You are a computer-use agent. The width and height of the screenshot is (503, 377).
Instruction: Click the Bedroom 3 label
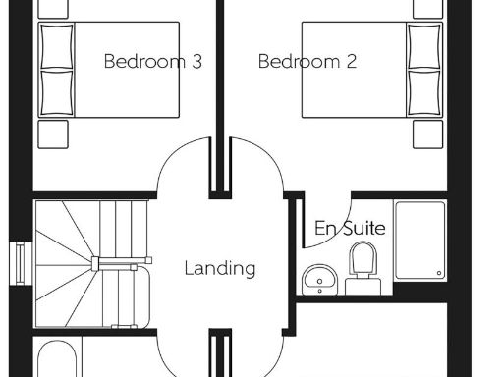[152, 61]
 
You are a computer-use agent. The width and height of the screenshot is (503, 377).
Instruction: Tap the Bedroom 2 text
[307, 61]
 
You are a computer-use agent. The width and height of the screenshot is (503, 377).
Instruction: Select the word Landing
[220, 267]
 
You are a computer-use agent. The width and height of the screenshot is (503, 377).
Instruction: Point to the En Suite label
[349, 228]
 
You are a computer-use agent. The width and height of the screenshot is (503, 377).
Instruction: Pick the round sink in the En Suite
[318, 279]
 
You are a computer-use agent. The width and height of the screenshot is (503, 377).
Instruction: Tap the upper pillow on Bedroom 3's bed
[57, 45]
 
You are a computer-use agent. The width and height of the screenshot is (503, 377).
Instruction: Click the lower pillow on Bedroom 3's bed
[57, 92]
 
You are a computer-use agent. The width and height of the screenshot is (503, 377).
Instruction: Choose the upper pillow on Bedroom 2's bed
[424, 45]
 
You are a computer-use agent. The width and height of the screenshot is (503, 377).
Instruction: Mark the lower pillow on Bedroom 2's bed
[424, 92]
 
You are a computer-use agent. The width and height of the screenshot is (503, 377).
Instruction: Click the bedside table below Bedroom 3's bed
[53, 134]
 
